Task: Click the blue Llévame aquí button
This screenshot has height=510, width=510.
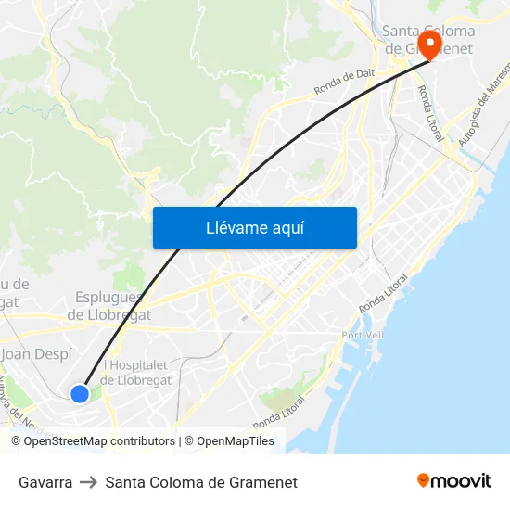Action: click(254, 227)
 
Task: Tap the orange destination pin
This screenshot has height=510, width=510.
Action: click(429, 45)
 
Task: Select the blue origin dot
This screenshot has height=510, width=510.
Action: click(80, 394)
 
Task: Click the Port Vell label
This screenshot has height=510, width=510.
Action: click(363, 335)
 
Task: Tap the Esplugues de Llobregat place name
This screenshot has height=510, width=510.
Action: click(108, 306)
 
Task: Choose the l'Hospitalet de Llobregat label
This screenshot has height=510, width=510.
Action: click(135, 373)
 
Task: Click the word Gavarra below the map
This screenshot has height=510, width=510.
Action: click(45, 482)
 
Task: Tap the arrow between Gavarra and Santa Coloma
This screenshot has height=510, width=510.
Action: click(89, 482)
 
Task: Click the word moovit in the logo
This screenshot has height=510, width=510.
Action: click(462, 480)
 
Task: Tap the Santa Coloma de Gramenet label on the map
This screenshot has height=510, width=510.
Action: click(428, 40)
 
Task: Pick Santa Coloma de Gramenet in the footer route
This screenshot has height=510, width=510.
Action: click(201, 482)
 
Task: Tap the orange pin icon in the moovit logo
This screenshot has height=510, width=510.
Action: click(424, 480)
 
